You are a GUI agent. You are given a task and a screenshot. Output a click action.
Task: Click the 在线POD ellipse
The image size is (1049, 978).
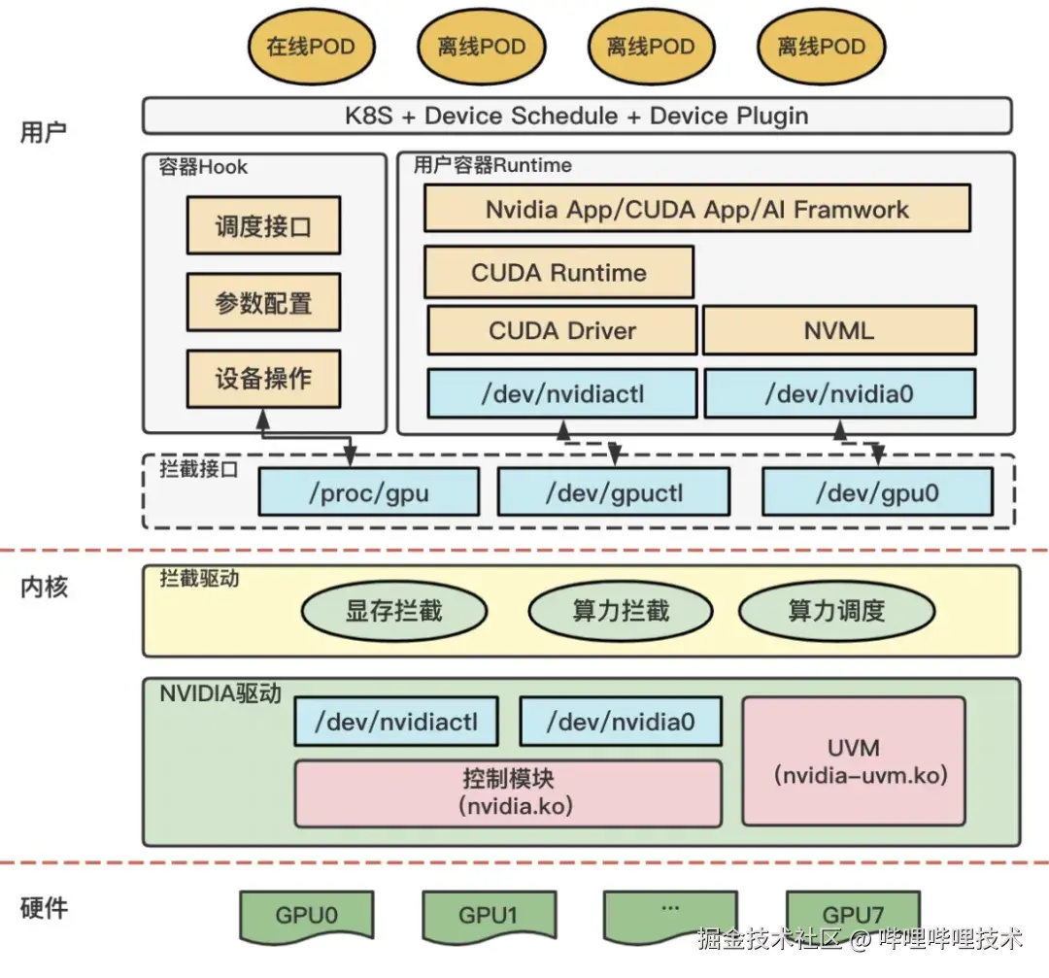tap(311, 47)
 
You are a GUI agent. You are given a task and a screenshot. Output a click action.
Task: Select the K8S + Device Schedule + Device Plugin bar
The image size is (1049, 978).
tap(577, 116)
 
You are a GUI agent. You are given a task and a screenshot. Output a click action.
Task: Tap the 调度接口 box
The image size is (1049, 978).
tap(263, 226)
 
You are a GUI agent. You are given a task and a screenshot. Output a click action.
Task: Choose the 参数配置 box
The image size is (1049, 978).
tap(263, 302)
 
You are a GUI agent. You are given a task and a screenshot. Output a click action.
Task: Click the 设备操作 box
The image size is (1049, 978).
tap(263, 378)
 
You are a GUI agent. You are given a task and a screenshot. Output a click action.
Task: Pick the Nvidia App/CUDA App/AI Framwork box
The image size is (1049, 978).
tap(697, 209)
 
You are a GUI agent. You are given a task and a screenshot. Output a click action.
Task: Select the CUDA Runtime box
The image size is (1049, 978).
tap(558, 272)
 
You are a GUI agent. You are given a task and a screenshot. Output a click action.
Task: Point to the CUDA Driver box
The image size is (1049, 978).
tap(562, 330)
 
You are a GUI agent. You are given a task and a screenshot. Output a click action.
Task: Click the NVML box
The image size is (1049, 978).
tap(838, 330)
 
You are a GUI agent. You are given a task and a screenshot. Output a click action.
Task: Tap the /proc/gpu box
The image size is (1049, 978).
tap(368, 492)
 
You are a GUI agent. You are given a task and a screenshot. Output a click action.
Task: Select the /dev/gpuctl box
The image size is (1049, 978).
tap(613, 492)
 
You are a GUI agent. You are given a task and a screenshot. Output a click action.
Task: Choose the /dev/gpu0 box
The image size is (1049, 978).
tap(877, 492)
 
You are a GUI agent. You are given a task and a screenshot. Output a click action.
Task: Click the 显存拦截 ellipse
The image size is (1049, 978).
tap(393, 611)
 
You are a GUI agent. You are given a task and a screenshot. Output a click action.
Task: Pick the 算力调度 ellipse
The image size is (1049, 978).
tap(836, 611)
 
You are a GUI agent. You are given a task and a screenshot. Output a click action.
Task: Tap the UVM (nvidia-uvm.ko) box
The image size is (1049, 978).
tap(854, 761)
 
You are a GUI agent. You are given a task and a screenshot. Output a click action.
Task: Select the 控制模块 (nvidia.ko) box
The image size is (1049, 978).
tap(508, 793)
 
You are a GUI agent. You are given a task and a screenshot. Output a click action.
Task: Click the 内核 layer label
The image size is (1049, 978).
tap(45, 587)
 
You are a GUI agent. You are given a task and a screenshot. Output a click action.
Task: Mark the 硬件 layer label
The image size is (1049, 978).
tap(45, 908)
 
